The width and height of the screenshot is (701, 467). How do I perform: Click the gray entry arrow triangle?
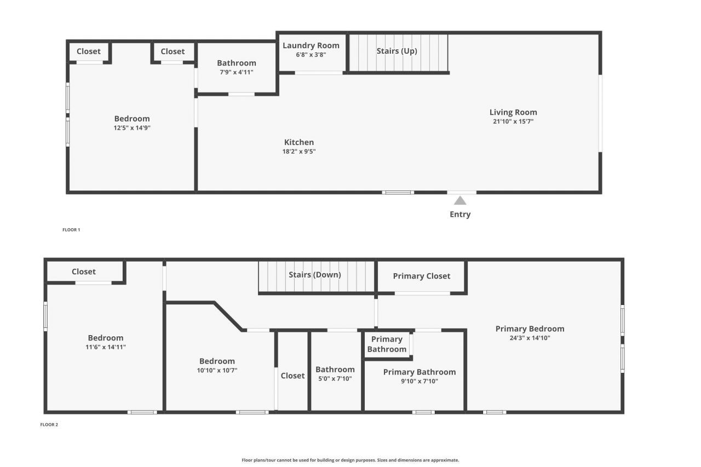pyautogui.click(x=460, y=201)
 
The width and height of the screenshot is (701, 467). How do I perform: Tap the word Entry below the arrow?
pyautogui.click(x=460, y=215)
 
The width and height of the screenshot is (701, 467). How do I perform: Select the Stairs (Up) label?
pyautogui.click(x=397, y=51)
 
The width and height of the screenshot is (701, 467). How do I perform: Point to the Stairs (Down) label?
pyautogui.click(x=315, y=275)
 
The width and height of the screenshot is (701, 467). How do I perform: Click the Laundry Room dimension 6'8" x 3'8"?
pyautogui.click(x=311, y=55)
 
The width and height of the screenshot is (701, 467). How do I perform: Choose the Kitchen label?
pyautogui.click(x=299, y=142)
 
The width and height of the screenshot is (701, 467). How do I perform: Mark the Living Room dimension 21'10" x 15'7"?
pyautogui.click(x=513, y=122)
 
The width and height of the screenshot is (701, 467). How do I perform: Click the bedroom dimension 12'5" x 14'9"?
pyautogui.click(x=132, y=128)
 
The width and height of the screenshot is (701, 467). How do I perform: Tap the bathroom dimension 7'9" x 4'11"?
pyautogui.click(x=236, y=72)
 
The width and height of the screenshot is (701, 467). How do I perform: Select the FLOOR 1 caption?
pyautogui.click(x=71, y=230)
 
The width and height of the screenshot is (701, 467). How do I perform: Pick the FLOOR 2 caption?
pyautogui.click(x=49, y=425)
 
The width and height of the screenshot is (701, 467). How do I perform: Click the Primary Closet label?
pyautogui.click(x=422, y=276)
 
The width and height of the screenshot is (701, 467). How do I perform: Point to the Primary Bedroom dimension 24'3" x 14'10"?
pyautogui.click(x=530, y=338)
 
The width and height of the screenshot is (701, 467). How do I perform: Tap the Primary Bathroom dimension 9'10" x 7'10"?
pyautogui.click(x=419, y=381)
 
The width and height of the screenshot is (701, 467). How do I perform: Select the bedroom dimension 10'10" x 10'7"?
pyautogui.click(x=217, y=370)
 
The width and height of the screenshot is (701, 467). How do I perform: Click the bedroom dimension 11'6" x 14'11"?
pyautogui.click(x=106, y=347)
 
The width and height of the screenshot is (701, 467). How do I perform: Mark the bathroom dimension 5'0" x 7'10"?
pyautogui.click(x=335, y=378)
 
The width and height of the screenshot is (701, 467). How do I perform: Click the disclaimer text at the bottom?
pyautogui.click(x=350, y=460)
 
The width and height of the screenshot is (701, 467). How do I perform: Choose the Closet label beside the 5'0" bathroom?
pyautogui.click(x=292, y=376)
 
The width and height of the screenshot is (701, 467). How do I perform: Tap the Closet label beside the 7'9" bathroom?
pyautogui.click(x=173, y=51)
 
